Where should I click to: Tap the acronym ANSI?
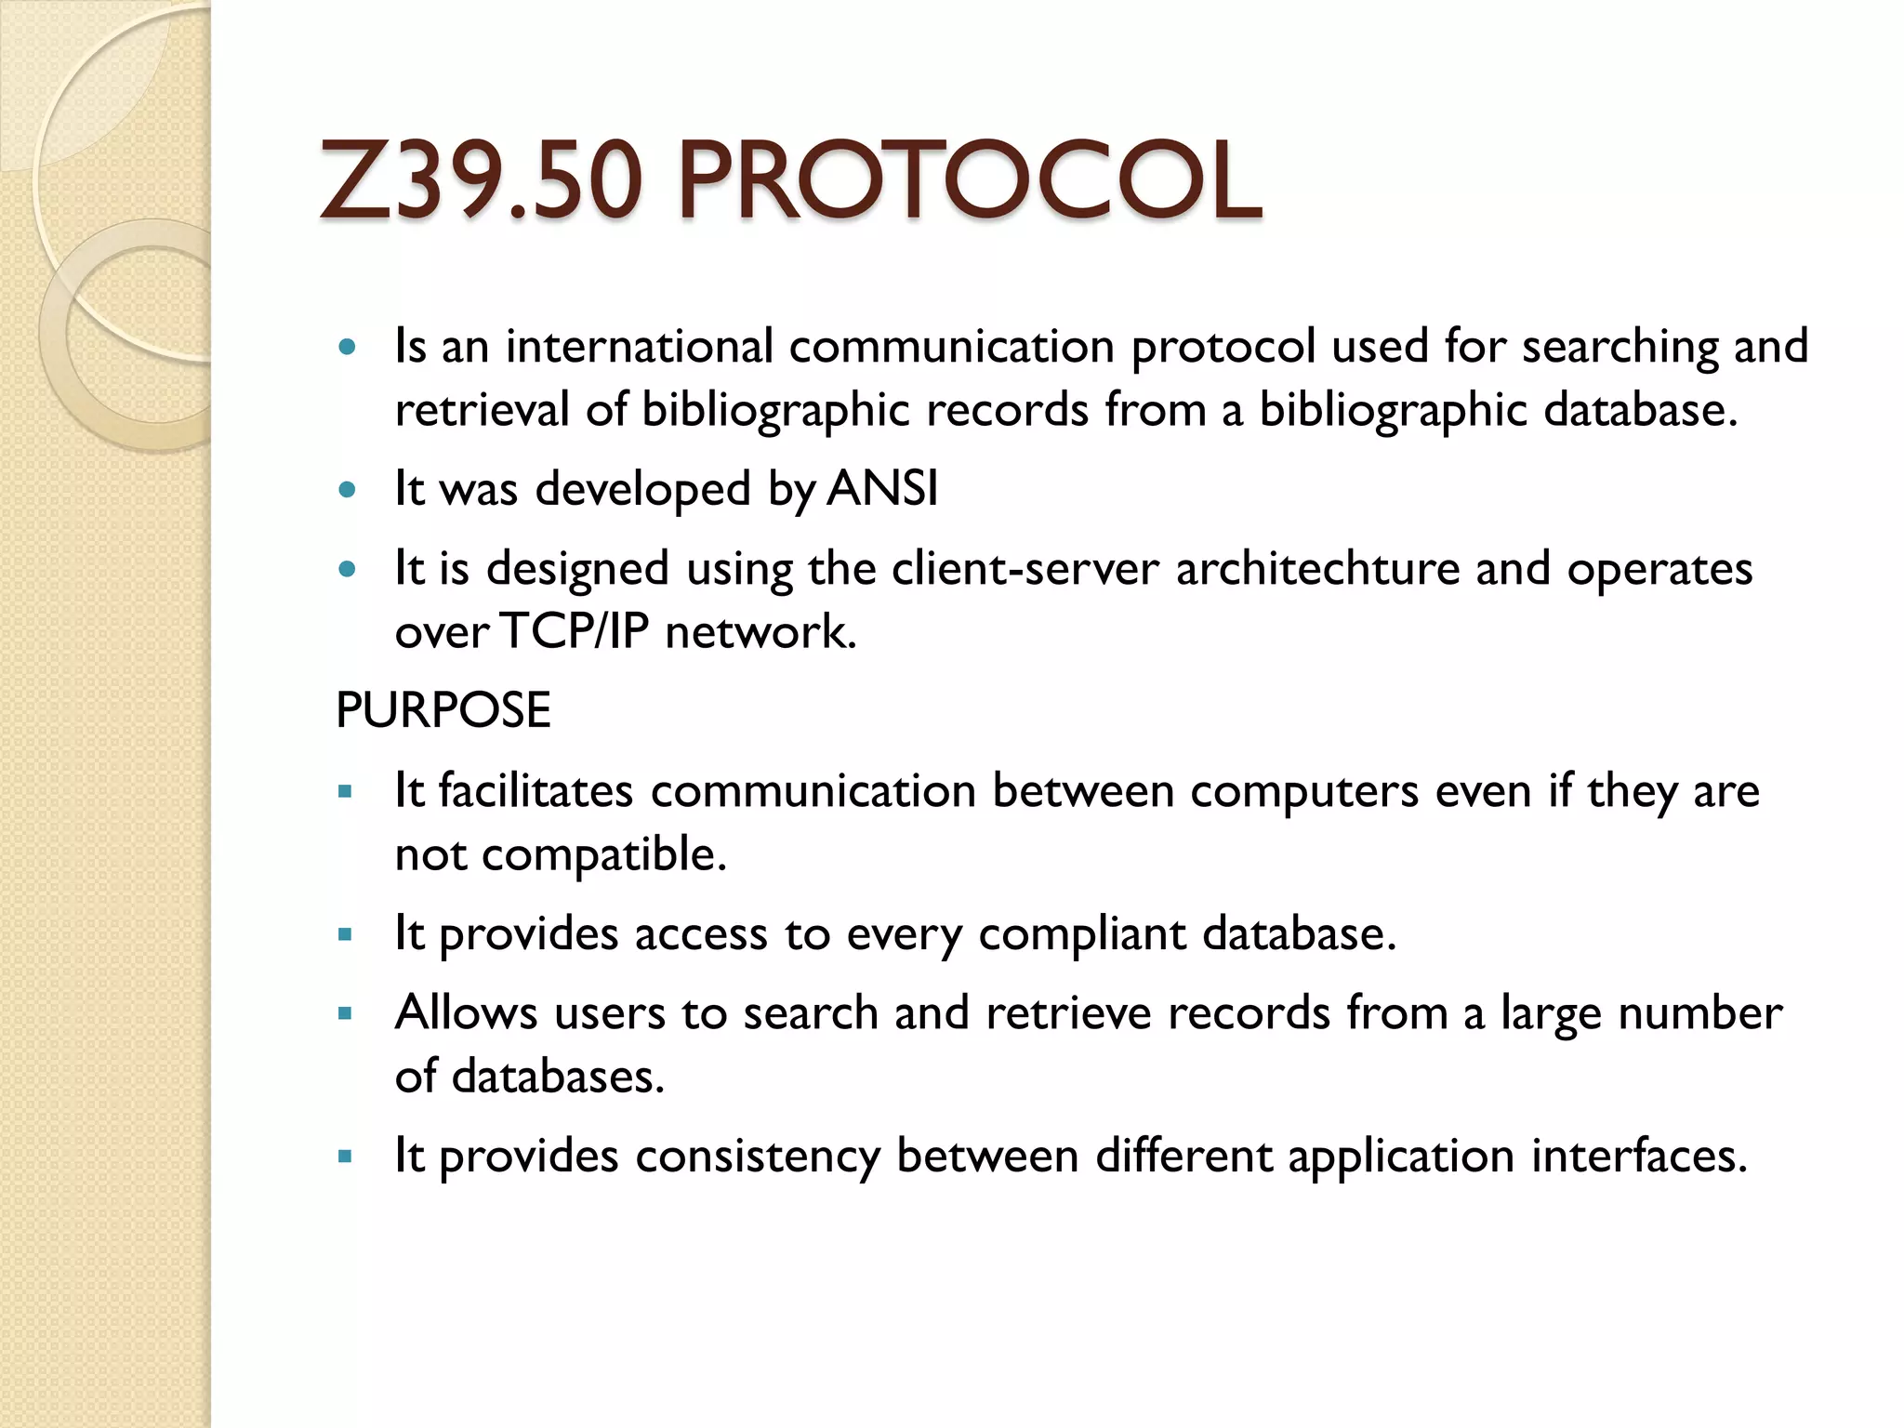882,488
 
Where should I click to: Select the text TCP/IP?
574,631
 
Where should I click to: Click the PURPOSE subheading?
443,710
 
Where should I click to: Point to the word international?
640,346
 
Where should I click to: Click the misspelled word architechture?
1317,568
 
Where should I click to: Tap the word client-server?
1025,568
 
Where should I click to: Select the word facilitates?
535,791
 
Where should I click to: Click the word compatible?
603,854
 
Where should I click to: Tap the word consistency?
757,1156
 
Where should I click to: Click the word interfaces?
1639,1156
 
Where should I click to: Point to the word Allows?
466,1012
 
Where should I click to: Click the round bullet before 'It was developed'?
348,490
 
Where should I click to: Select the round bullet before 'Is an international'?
348,348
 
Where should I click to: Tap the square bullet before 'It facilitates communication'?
346,793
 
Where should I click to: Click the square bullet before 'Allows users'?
346,1014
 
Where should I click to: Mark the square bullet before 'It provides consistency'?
346,1157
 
